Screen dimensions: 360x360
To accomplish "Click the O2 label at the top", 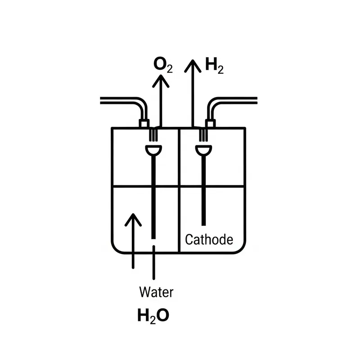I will click(162, 65).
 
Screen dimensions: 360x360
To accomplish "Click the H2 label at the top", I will click(214, 66).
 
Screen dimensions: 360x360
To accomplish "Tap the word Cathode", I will click(209, 239).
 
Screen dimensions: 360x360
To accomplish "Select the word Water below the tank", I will click(156, 292).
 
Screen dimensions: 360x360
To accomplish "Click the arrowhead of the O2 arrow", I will click(160, 81).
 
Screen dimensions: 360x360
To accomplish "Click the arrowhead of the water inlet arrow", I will click(133, 220).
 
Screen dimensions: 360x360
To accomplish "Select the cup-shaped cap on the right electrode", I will click(204, 150).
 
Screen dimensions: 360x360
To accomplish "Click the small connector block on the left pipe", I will click(144, 123).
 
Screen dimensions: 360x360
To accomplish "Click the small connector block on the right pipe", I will click(210, 123).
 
